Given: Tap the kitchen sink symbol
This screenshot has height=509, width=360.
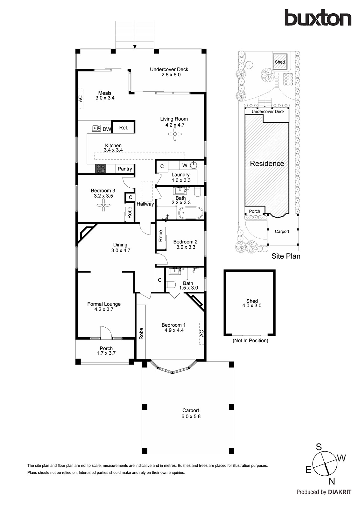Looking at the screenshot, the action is [x=96, y=128].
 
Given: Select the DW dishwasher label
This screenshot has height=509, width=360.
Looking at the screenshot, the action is [x=107, y=129].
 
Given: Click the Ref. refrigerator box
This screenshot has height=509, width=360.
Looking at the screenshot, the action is [x=123, y=127].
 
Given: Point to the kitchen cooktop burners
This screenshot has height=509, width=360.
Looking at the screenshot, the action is [x=101, y=169].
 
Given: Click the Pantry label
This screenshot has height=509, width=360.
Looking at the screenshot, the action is [x=125, y=169].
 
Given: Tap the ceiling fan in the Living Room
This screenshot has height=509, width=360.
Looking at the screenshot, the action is [x=175, y=134].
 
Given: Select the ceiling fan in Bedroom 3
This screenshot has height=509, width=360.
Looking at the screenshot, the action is [x=103, y=205].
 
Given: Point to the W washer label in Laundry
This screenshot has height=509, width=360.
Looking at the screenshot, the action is [x=185, y=165].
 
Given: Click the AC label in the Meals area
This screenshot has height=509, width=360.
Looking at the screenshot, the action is [x=81, y=98].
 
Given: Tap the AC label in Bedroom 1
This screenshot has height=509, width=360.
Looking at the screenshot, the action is [x=201, y=333].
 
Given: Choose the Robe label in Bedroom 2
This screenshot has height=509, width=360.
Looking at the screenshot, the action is [x=160, y=236].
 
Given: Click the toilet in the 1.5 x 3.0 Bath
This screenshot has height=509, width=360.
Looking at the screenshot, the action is [x=171, y=284].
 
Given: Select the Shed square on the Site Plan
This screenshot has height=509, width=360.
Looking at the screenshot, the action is [x=280, y=62].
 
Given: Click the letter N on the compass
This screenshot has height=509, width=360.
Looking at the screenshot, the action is [x=332, y=482].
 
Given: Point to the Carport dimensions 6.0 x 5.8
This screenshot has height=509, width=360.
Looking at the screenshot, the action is [x=191, y=416].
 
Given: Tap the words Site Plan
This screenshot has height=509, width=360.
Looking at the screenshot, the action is [x=286, y=256].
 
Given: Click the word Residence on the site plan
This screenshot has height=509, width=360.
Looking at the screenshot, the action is [x=267, y=164].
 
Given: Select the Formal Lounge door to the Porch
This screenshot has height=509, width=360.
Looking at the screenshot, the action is [x=106, y=332].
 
